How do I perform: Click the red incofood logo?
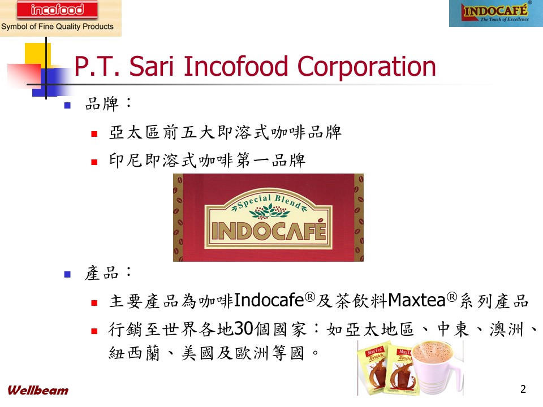[x=57, y=10]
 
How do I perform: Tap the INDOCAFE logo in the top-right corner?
[x=496, y=13]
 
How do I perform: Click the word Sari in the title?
[x=151, y=66]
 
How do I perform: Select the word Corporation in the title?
[x=367, y=67]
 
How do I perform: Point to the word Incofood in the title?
[x=235, y=66]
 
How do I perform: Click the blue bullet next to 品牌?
[x=67, y=105]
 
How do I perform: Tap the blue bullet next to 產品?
[x=67, y=275]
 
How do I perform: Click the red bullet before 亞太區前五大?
[x=94, y=134]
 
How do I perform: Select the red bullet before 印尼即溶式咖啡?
[x=94, y=162]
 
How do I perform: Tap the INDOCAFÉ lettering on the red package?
[x=269, y=231]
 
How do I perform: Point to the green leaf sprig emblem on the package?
[x=269, y=211]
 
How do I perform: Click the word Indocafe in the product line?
[x=269, y=300]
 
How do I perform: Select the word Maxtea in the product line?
[x=417, y=300]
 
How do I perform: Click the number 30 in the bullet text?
[x=243, y=329]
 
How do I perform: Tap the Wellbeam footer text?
[x=38, y=391]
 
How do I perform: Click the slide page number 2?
[x=523, y=389]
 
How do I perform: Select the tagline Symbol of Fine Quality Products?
[x=57, y=27]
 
